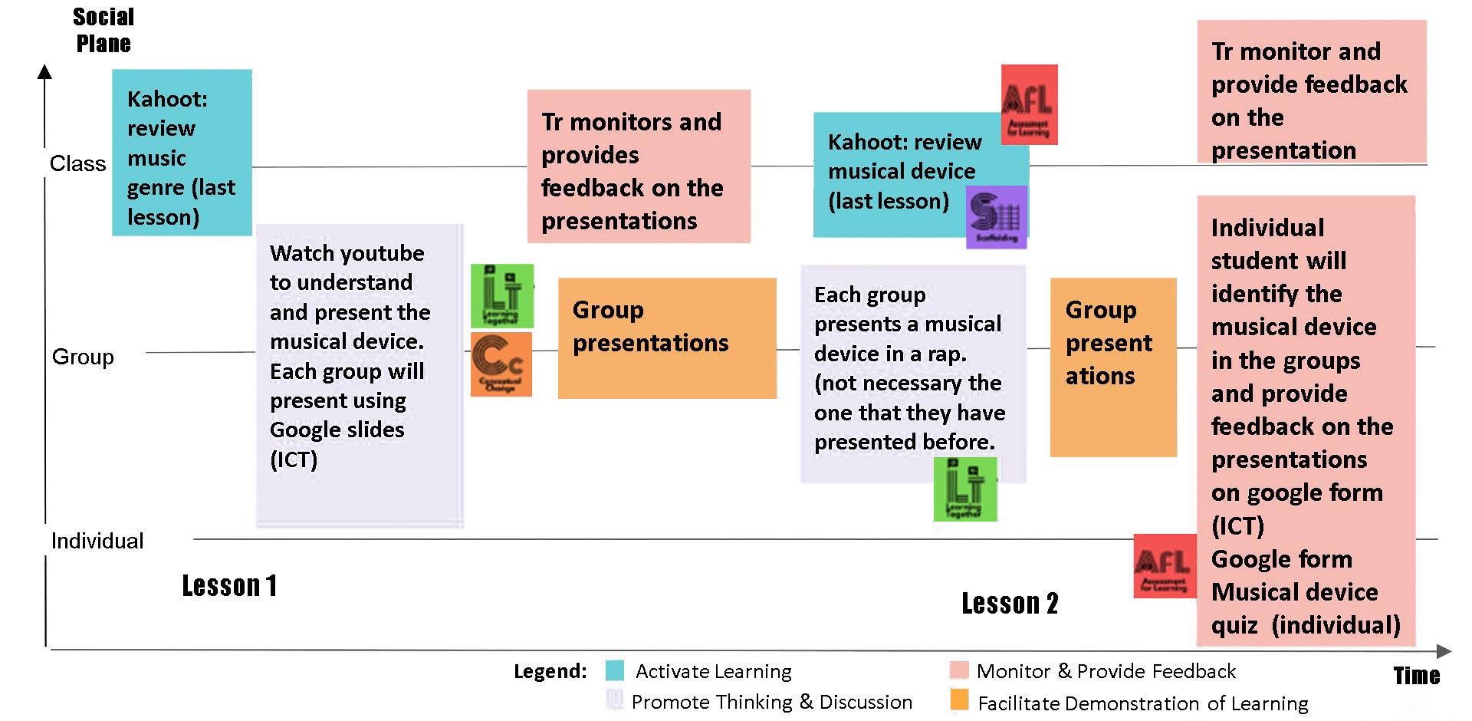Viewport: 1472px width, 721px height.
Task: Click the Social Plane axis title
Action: click(x=103, y=30)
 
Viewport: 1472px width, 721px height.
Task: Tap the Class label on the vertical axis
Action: click(x=77, y=163)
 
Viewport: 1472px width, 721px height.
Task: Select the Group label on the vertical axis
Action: click(x=83, y=357)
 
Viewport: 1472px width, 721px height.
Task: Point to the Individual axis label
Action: click(x=97, y=541)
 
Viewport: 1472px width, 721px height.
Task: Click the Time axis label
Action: click(x=1416, y=675)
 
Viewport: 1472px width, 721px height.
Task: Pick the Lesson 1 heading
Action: click(x=229, y=586)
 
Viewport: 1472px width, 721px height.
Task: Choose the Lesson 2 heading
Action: click(x=1010, y=604)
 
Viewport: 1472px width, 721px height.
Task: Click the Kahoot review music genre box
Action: click(x=182, y=153)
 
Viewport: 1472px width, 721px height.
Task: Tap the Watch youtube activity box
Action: click(x=360, y=375)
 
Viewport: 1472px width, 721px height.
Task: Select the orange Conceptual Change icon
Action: click(x=501, y=364)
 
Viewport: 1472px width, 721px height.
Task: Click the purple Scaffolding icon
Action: click(x=996, y=217)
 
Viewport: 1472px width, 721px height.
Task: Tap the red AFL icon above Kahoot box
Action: click(x=1029, y=104)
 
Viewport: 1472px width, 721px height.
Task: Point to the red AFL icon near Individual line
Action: click(x=1165, y=566)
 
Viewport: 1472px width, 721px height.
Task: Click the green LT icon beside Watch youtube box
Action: click(x=502, y=296)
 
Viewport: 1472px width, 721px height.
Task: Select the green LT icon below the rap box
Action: click(x=965, y=489)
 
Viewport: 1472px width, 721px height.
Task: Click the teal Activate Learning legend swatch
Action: click(x=614, y=671)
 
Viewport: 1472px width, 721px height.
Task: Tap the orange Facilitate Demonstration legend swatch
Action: click(x=958, y=700)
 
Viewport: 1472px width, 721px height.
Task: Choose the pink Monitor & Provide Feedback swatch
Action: click(x=958, y=670)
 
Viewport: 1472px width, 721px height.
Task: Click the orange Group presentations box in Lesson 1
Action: click(x=667, y=338)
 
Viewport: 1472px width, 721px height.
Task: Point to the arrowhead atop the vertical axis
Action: click(x=45, y=72)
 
